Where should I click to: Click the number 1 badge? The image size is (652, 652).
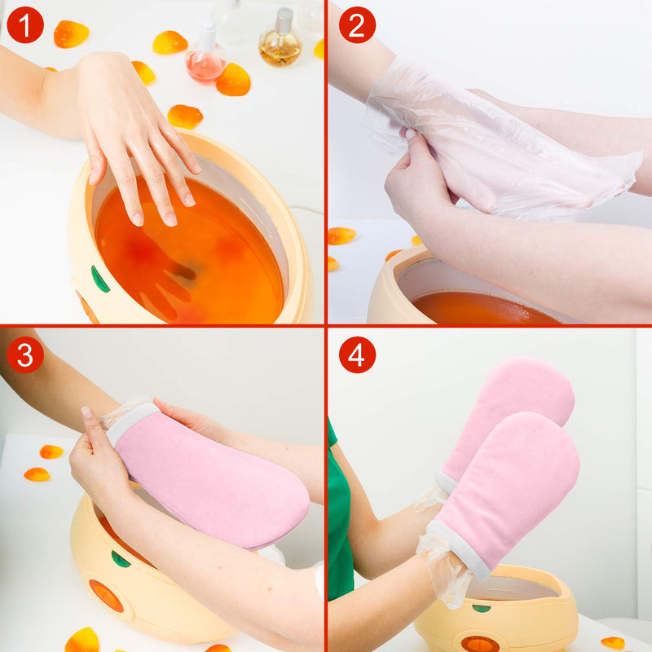24,25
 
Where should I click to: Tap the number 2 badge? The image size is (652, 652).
356,25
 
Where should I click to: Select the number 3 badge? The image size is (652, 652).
24,355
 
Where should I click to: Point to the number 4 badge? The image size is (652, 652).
356,355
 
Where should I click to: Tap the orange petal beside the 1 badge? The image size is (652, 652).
71,33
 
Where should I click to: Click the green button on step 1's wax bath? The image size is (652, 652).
99,280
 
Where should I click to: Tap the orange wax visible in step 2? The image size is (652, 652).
481,308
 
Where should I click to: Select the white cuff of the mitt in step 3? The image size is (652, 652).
130,420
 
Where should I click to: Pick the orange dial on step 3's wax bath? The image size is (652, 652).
106,595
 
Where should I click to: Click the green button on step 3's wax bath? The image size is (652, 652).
121,559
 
